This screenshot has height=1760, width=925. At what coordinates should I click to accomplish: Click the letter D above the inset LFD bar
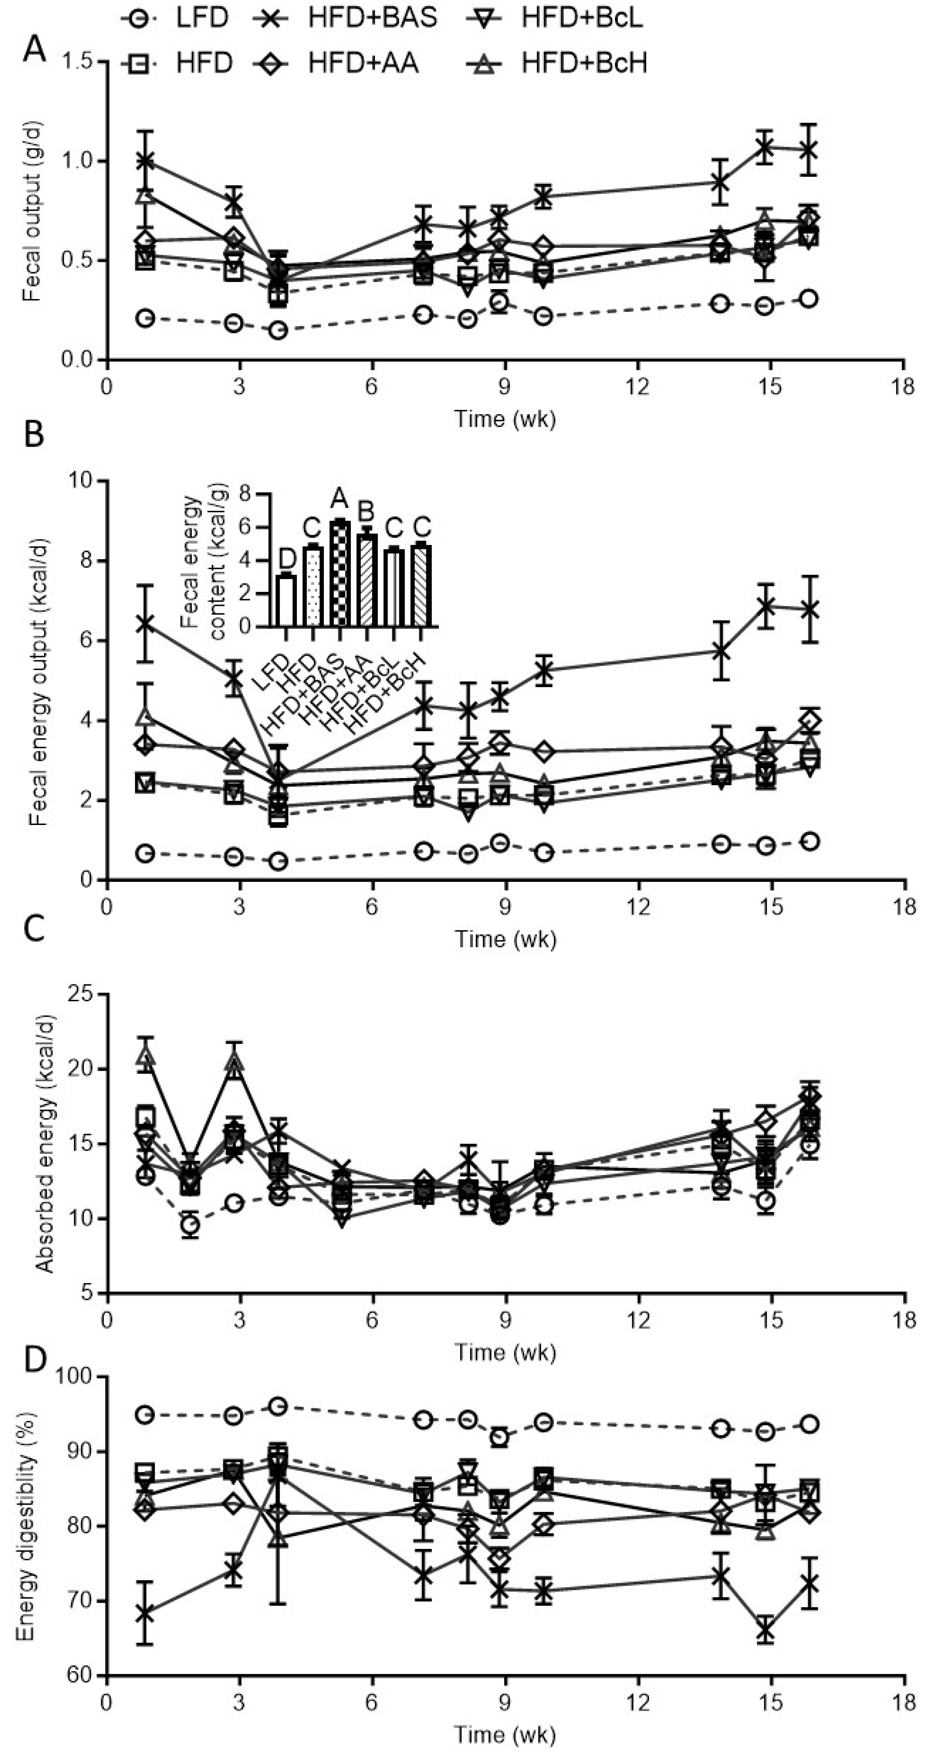coord(288,559)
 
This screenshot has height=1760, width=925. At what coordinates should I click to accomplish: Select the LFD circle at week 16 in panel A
coord(809,299)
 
